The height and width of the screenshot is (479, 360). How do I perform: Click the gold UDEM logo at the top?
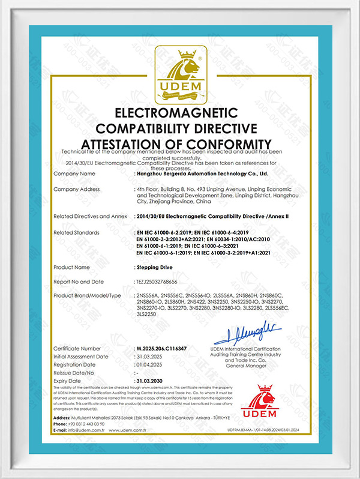[180, 76]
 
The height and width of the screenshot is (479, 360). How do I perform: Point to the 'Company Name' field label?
[74, 173]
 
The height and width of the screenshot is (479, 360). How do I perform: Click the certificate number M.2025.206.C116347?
[171, 348]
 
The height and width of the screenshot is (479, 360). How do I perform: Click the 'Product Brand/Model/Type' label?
[88, 296]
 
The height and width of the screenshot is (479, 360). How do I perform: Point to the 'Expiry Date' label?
[67, 381]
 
